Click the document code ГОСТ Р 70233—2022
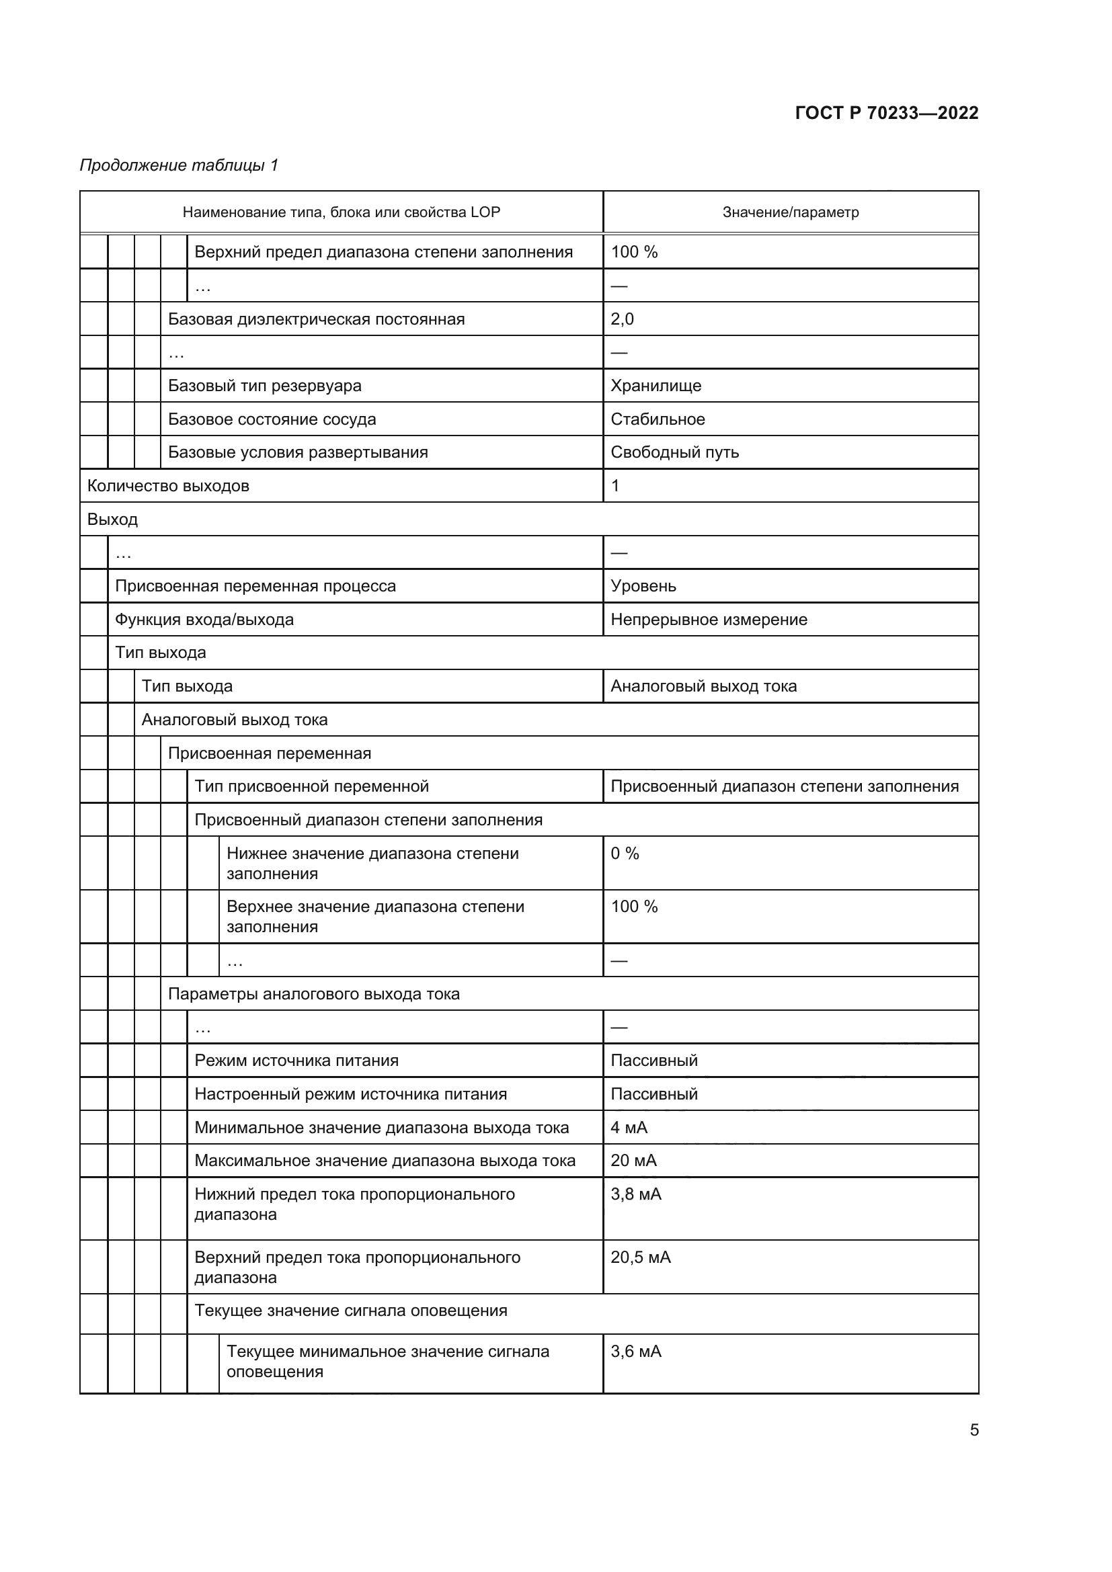tap(886, 113)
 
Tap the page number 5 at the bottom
tap(974, 1430)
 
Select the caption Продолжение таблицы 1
tap(179, 165)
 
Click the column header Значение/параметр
tap(790, 212)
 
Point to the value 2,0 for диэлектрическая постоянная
tap(622, 319)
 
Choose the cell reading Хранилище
tap(656, 386)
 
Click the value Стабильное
tap(658, 419)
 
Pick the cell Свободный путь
tap(674, 452)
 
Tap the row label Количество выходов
tap(168, 486)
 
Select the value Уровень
tap(643, 586)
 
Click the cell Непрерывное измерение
tap(709, 620)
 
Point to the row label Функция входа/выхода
tap(204, 620)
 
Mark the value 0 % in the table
tap(625, 853)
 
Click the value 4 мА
tap(629, 1128)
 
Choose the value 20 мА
tap(633, 1161)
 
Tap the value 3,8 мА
tap(635, 1194)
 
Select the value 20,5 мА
tap(640, 1257)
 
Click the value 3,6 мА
tap(635, 1352)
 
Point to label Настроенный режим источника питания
tap(350, 1094)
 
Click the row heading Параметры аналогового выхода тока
tap(313, 994)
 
